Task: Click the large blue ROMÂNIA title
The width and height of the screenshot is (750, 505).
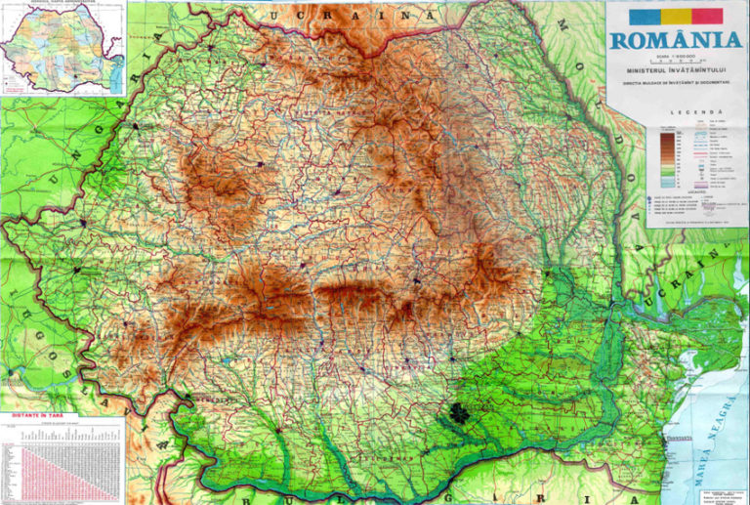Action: [675, 40]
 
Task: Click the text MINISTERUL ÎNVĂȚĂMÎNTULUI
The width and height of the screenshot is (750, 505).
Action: [675, 71]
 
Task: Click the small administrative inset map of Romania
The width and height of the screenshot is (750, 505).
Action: [61, 48]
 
